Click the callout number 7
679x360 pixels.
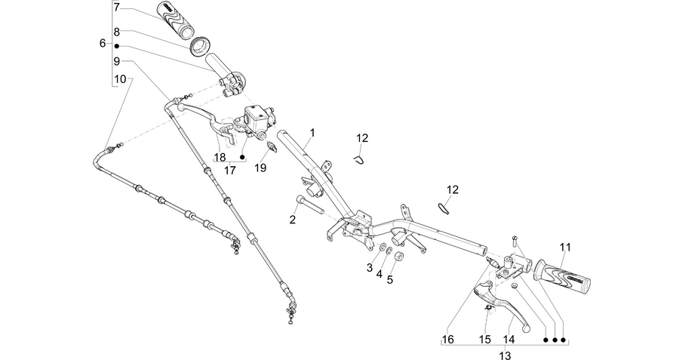116,8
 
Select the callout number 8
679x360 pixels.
116,32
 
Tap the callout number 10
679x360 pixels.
120,79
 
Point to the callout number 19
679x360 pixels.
260,168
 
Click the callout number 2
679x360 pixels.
292,220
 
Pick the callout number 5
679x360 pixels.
390,279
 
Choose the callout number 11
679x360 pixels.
565,248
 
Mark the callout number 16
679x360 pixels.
448,339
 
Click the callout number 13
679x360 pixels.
505,355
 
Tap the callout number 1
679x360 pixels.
312,132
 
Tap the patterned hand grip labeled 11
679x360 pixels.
563,276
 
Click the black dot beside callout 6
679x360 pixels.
116,45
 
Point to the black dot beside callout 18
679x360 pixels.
242,157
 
